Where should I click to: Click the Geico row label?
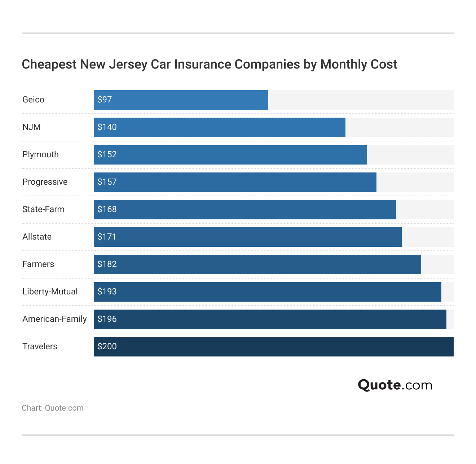pos(33,100)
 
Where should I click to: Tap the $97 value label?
pos(105,100)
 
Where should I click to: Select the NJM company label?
pos(31,127)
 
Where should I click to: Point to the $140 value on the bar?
pos(107,127)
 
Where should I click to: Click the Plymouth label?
pos(40,154)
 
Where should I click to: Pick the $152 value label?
pos(107,154)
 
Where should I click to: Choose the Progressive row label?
pos(45,182)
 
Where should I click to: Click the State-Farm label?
pos(43,209)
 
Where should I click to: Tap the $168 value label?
pos(107,209)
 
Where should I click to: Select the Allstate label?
pos(37,237)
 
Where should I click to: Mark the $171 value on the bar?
pos(107,237)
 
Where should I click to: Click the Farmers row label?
pos(38,264)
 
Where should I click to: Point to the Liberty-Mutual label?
pos(50,292)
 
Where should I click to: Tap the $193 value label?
pos(107,292)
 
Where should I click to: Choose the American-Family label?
pos(54,319)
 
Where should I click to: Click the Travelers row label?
pos(40,346)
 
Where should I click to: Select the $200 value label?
pos(107,346)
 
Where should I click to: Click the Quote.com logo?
pos(395,385)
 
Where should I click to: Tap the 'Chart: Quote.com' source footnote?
pos(53,408)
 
